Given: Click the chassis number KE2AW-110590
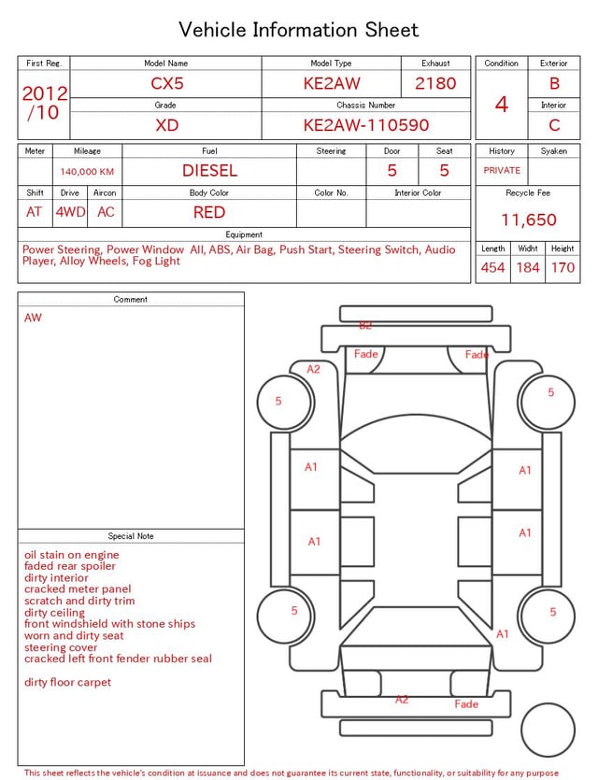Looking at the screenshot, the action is point(366,125).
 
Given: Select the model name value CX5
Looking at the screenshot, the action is point(167,83).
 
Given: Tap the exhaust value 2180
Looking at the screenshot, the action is point(435,83).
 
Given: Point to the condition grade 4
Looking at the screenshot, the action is point(502,105).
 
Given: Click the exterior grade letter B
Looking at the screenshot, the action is point(554,83).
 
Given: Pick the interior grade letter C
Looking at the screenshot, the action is point(554,125).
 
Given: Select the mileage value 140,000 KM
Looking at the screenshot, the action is point(87,172).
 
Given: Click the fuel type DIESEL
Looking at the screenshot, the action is point(209,171).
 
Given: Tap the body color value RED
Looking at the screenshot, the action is point(209,212).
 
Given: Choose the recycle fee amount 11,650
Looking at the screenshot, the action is point(528,220).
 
